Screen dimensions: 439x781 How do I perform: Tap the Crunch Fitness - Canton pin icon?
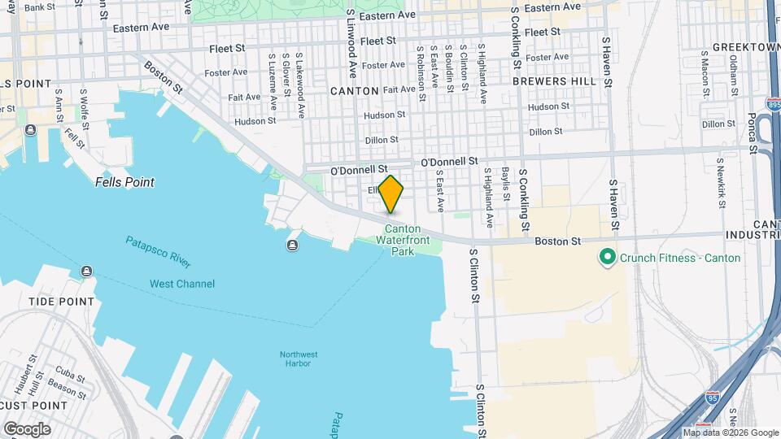(x=606, y=258)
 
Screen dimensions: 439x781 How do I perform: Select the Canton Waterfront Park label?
(x=403, y=240)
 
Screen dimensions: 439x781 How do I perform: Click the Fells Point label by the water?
(x=124, y=182)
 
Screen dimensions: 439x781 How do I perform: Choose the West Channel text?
(x=182, y=284)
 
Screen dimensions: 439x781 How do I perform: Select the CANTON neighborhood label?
(x=355, y=91)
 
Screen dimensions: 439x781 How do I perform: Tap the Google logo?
(x=27, y=428)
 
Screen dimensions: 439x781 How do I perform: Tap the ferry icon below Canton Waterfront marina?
(x=292, y=246)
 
